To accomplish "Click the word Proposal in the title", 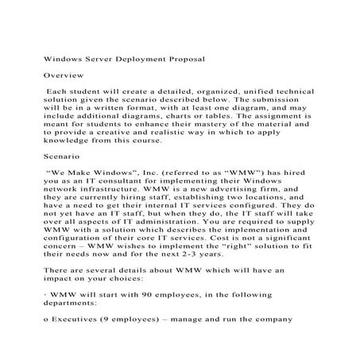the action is click(x=184, y=59).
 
